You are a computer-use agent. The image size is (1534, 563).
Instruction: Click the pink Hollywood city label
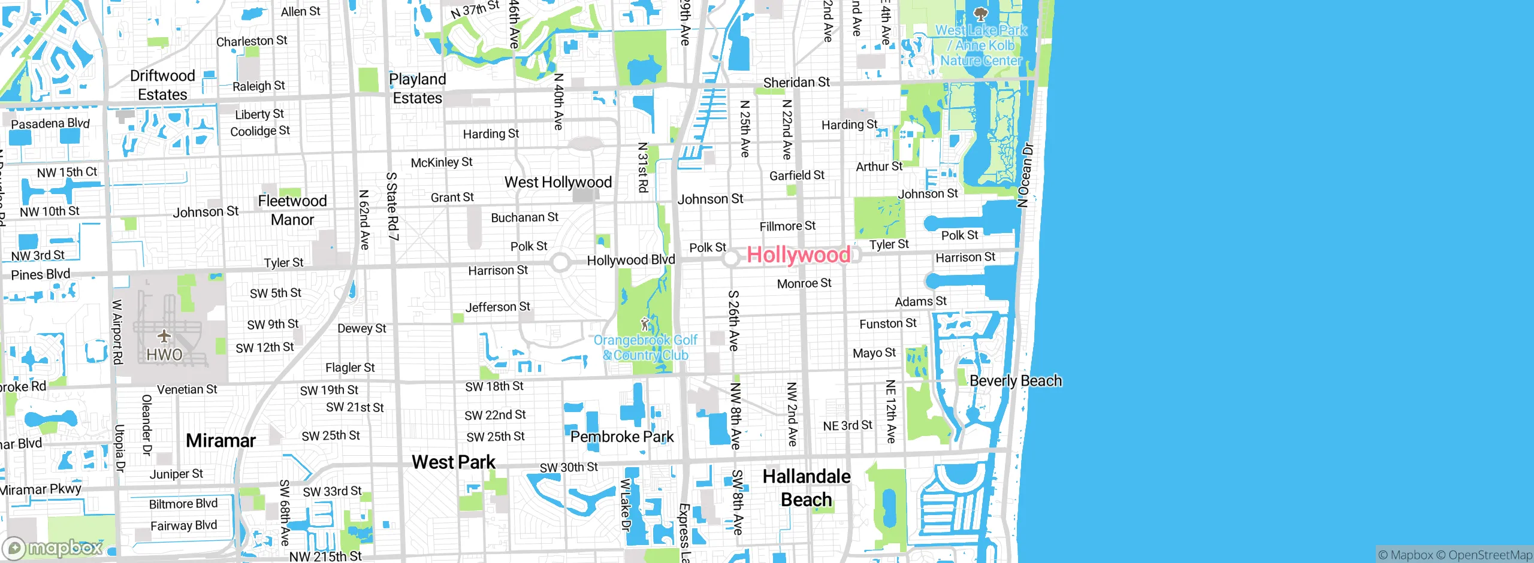point(798,255)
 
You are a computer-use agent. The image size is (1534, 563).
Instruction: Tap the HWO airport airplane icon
point(164,336)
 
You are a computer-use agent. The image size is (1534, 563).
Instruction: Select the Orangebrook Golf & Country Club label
point(645,348)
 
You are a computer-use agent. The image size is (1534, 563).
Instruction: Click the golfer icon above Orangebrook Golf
point(645,325)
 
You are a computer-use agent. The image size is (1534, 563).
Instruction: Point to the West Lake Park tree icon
point(980,13)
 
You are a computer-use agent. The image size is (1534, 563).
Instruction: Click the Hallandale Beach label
point(806,488)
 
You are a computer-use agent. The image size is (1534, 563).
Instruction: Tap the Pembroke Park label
point(621,437)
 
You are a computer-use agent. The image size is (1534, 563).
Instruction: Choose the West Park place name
point(453,462)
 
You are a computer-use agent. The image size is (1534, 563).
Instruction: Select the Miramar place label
point(221,441)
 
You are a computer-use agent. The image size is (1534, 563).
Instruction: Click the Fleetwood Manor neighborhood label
point(292,210)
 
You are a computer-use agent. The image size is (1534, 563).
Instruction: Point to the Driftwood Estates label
point(162,85)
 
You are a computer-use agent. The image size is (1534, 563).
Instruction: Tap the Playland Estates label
point(418,89)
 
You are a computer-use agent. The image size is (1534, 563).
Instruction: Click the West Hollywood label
point(558,182)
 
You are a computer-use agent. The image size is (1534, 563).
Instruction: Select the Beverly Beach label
point(1015,381)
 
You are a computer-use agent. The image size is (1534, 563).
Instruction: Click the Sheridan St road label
point(796,83)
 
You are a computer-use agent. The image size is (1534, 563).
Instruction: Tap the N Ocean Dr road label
point(1025,175)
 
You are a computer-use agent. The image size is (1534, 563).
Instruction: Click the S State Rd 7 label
point(392,206)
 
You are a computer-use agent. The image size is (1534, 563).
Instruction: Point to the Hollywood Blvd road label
point(630,260)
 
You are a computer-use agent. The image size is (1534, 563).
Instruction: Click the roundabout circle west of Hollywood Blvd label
point(560,262)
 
